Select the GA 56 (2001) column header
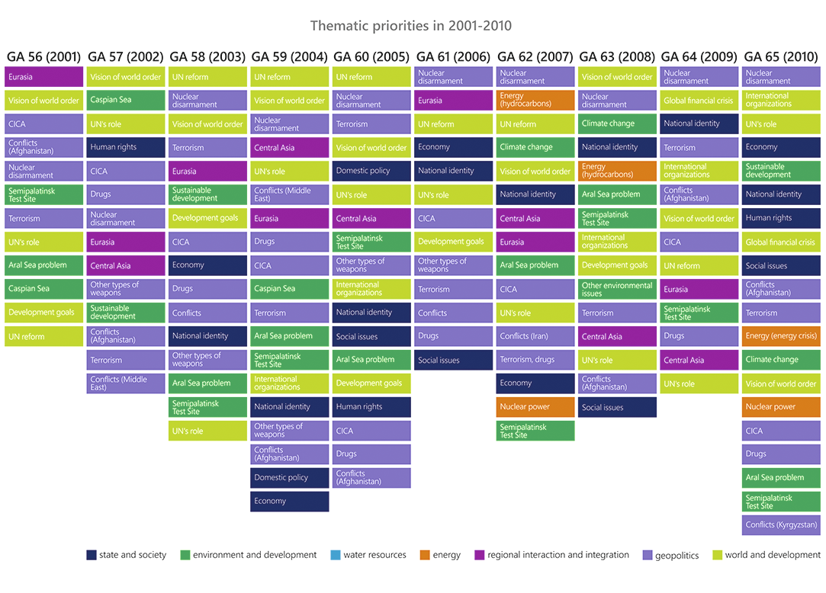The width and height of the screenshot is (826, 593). [x=43, y=57]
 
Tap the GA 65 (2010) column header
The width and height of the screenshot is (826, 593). [x=780, y=57]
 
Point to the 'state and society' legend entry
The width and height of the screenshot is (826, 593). [x=127, y=555]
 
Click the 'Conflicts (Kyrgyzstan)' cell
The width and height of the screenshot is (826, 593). [x=781, y=525]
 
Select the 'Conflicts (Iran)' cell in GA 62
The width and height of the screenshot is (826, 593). [x=535, y=336]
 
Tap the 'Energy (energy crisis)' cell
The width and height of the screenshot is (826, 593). [x=781, y=336]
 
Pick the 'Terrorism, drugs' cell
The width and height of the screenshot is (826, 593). [x=535, y=360]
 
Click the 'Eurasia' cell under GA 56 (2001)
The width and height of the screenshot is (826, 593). [x=43, y=77]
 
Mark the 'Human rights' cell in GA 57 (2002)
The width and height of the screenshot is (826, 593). [x=125, y=147]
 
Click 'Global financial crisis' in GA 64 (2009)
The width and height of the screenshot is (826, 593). [x=699, y=101]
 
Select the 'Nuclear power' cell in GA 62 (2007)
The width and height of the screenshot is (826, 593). [x=535, y=407]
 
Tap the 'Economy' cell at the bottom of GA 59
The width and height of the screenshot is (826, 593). [x=290, y=502]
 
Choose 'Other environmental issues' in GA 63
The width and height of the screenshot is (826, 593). [x=617, y=289]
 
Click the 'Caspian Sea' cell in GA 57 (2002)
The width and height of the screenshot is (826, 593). [x=125, y=100]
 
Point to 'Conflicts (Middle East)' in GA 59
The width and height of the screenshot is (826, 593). [x=290, y=194]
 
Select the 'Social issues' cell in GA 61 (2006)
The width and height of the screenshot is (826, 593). [x=454, y=360]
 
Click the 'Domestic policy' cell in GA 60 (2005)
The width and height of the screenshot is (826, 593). [x=371, y=171]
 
